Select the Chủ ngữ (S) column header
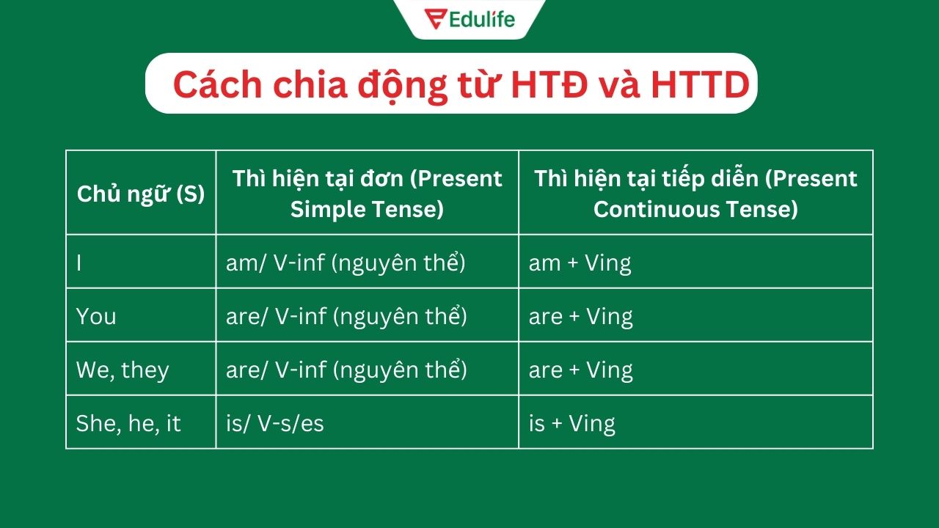(x=141, y=194)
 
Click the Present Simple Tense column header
(x=367, y=194)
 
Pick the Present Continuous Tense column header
(x=695, y=194)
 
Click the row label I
(x=79, y=263)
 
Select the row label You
(x=96, y=316)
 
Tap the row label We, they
(x=123, y=370)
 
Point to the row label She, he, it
(x=128, y=423)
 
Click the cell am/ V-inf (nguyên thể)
(x=346, y=263)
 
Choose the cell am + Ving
(x=580, y=263)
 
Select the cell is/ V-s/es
(x=275, y=423)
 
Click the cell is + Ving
(x=571, y=423)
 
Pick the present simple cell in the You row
(x=346, y=316)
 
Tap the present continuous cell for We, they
(x=580, y=370)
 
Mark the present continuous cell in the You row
(x=580, y=316)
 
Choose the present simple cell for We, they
(x=346, y=370)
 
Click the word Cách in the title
(x=217, y=85)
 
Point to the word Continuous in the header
(x=655, y=209)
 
